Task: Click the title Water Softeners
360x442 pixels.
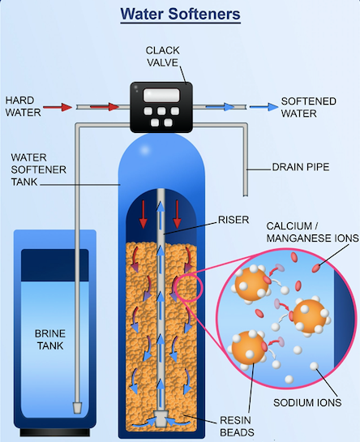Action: click(181, 14)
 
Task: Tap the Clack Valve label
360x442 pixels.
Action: click(163, 57)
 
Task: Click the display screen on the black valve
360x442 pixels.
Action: click(161, 95)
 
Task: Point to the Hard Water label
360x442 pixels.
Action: click(24, 106)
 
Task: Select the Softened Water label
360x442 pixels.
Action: click(308, 107)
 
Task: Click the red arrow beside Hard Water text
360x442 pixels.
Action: click(58, 107)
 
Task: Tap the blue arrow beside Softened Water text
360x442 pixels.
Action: click(264, 107)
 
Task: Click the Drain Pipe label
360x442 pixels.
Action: click(301, 167)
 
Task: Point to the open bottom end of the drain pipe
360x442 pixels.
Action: click(245, 195)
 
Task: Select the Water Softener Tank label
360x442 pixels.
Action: click(39, 170)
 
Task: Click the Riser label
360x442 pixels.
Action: click(234, 220)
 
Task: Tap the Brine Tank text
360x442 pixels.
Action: click(50, 339)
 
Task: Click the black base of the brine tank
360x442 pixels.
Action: click(55, 431)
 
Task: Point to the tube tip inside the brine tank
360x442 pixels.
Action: click(77, 408)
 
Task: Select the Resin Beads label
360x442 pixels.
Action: click(237, 426)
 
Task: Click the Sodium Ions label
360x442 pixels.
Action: click(307, 402)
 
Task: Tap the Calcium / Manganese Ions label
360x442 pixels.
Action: click(312, 232)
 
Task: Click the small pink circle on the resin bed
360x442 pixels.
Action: click(189, 287)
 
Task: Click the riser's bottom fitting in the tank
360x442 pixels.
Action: click(161, 418)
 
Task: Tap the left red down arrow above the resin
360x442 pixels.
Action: click(144, 214)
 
